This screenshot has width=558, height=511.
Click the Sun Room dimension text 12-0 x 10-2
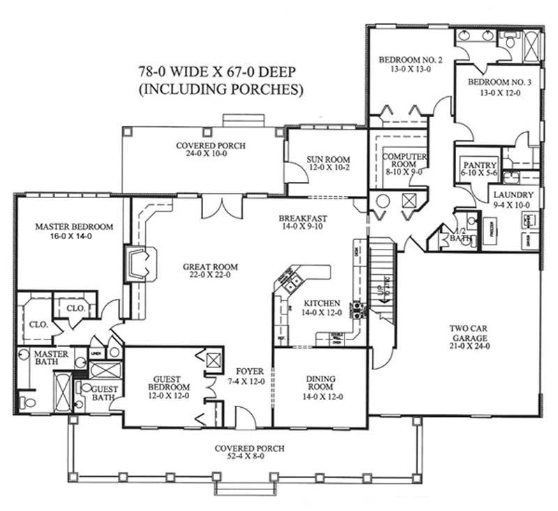point(326,169)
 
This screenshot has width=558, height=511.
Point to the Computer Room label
point(405,161)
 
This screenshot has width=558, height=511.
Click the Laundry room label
point(513,195)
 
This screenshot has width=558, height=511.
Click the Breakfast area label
point(303,218)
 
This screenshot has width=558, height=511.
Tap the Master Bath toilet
point(29,402)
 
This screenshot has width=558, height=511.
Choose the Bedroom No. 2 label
point(410,61)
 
